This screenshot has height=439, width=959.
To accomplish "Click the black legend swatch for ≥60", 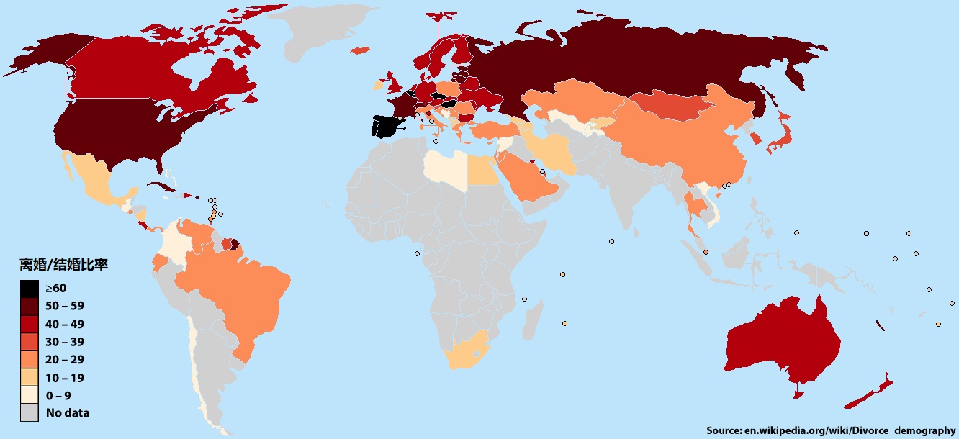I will pyautogui.click(x=29, y=289).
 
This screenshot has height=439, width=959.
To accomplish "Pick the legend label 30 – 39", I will pyautogui.click(x=65, y=342).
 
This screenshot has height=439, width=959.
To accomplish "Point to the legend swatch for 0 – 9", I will pyautogui.click(x=29, y=395).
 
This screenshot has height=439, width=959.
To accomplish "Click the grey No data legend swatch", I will pyautogui.click(x=29, y=413).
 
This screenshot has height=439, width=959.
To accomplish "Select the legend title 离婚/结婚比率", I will pyautogui.click(x=63, y=265).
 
